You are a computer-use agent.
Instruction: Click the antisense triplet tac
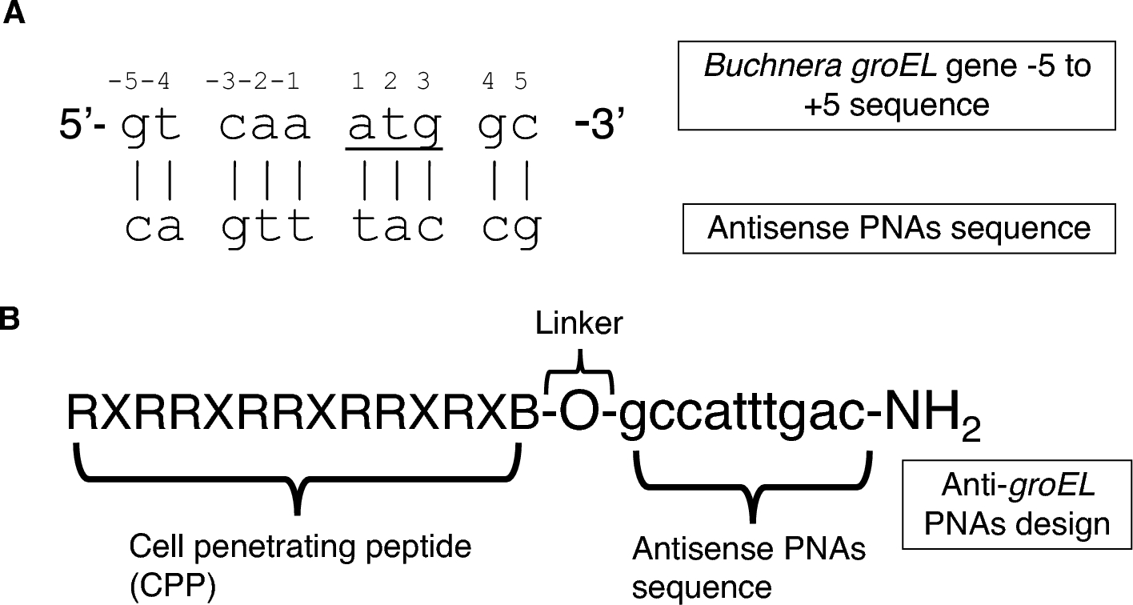(398, 227)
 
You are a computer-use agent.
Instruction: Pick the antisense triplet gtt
(267, 227)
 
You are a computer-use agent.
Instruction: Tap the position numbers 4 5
(506, 82)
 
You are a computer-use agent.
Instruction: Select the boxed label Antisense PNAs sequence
(898, 228)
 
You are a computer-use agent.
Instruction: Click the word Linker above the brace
(579, 324)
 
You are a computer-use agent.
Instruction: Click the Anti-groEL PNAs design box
(1015, 502)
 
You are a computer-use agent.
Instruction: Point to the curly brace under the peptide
(298, 480)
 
